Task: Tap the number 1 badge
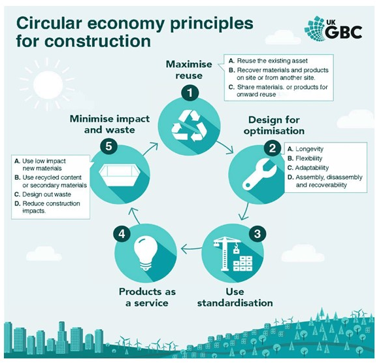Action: [x=190, y=93]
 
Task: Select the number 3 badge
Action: [x=258, y=233]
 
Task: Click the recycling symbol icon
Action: [x=189, y=126]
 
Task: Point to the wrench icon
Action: [x=259, y=174]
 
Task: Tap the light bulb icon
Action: [x=146, y=254]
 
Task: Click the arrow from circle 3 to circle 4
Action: [x=191, y=249]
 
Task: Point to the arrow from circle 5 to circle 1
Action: [x=150, y=149]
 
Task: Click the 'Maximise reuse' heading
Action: [x=189, y=70]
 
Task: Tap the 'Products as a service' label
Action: [x=147, y=297]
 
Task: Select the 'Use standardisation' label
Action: [x=235, y=297]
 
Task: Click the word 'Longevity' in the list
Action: [x=309, y=149]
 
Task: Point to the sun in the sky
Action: [x=48, y=85]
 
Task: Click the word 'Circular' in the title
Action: [x=49, y=24]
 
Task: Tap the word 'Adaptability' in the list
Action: [x=312, y=167]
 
